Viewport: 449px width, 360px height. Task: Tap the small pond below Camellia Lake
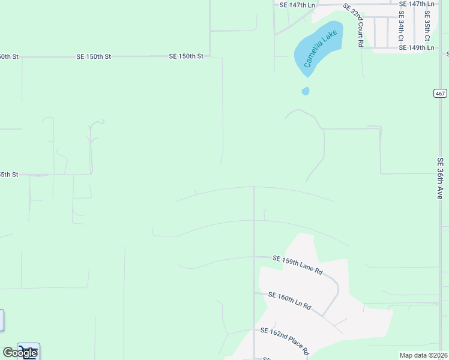coord(306,91)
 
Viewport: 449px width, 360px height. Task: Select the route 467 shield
coord(440,93)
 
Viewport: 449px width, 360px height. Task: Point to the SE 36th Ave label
coord(440,178)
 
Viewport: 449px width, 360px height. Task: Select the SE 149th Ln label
coord(416,47)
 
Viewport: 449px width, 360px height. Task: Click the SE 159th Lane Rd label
coord(297,265)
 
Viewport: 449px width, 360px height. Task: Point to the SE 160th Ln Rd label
coord(289,301)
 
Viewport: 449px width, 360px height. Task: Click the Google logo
coord(20,352)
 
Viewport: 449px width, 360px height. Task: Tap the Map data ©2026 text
coord(424,355)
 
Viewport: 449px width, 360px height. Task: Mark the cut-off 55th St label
coord(10,175)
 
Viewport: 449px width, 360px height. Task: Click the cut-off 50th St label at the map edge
coord(10,56)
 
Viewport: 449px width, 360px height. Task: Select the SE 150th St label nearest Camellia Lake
coord(186,56)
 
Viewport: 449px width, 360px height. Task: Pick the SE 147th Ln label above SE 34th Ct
coord(416,4)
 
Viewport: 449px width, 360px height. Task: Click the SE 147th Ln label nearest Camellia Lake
coord(297,5)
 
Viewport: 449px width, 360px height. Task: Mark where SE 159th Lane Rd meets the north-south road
coord(254,257)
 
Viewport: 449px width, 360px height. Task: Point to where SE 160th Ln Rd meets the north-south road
coord(254,293)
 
